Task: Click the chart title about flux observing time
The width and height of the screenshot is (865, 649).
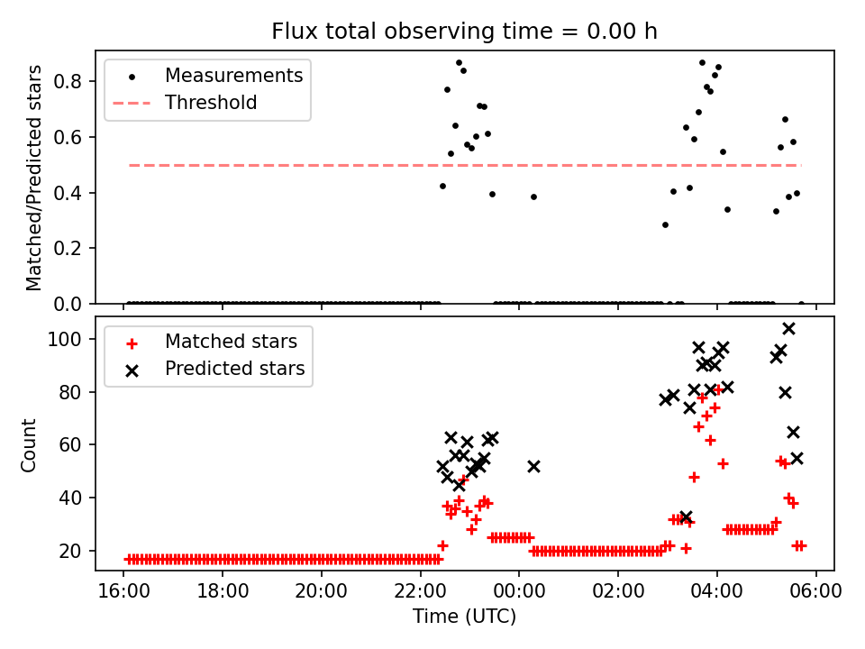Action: [464, 32]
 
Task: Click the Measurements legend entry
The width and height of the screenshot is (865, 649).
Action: [233, 76]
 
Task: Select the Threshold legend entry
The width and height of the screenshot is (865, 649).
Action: [211, 103]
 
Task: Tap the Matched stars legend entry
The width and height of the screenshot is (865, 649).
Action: [231, 342]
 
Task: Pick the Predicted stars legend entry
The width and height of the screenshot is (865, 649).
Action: [234, 369]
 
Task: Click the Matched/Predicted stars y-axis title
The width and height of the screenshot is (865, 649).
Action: [34, 178]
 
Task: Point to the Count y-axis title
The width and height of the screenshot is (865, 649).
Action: [29, 444]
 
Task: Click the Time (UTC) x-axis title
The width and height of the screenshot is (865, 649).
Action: [464, 617]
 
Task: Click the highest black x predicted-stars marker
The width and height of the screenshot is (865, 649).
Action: [788, 328]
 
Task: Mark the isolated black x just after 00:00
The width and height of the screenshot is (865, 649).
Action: [533, 466]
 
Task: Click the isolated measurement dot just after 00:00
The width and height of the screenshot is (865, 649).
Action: [533, 197]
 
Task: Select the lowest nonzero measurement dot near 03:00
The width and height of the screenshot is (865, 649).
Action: [665, 224]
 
